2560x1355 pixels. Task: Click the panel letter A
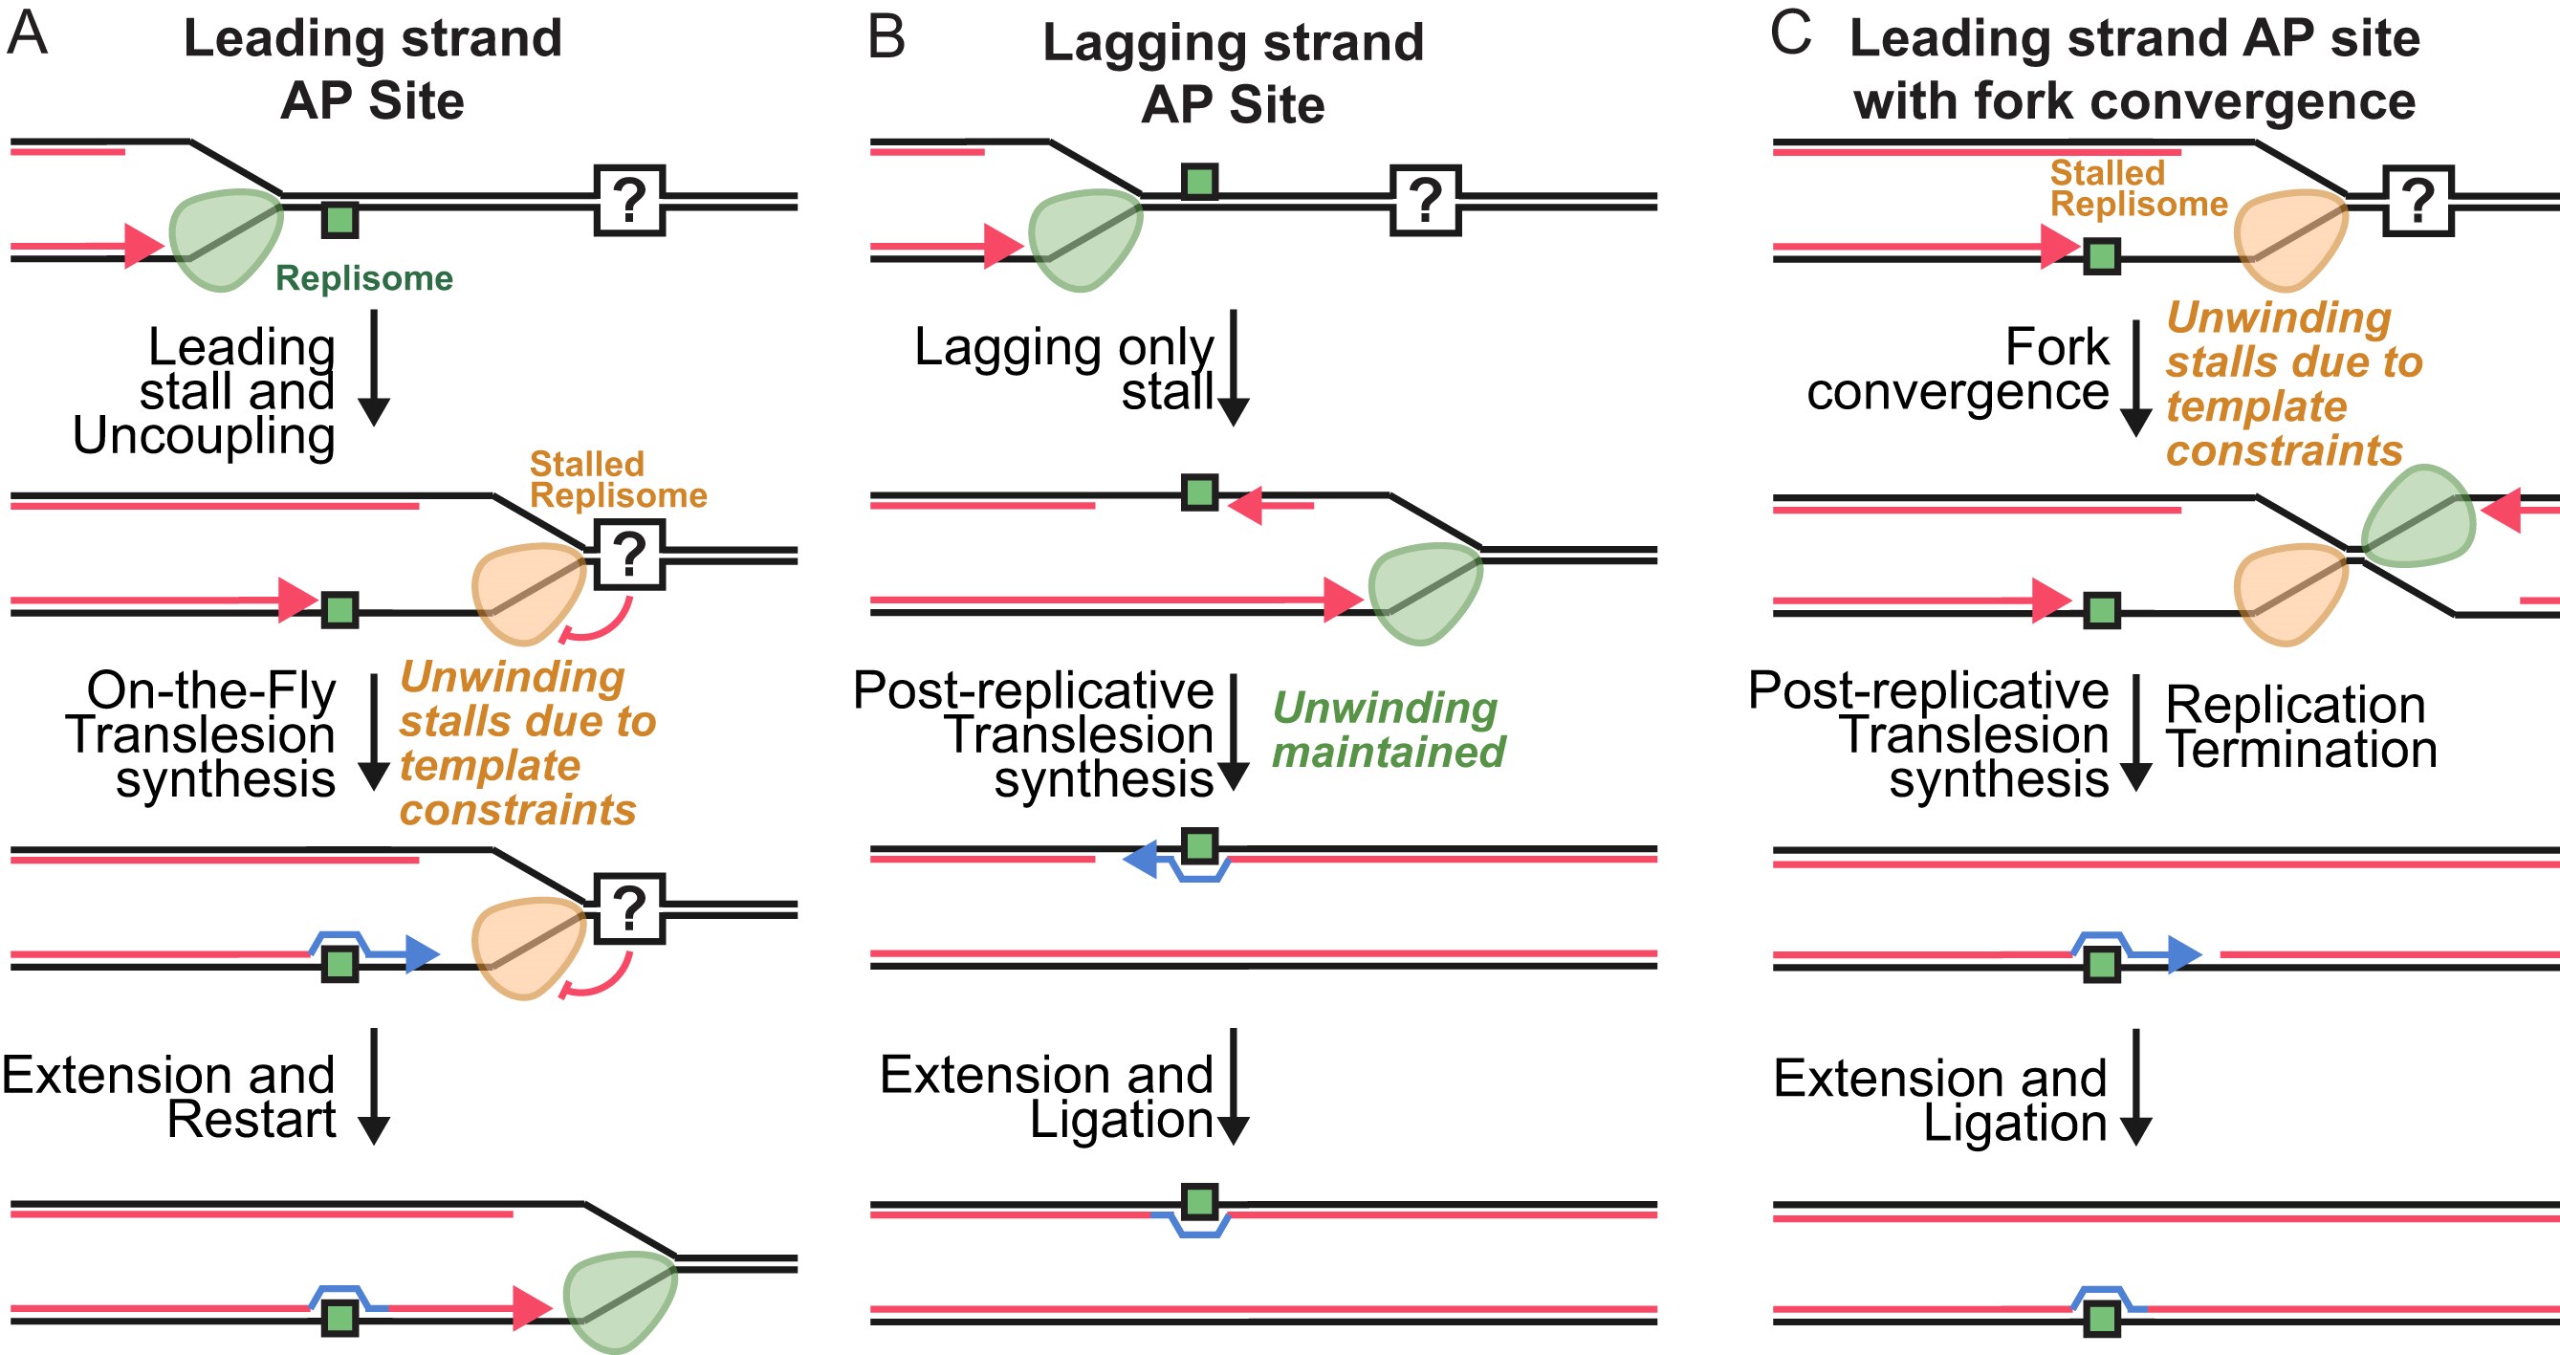[27, 33]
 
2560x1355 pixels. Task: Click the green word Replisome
[363, 278]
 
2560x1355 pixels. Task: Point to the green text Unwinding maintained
[1389, 731]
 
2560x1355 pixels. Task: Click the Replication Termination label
[2300, 727]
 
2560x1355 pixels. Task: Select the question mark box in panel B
[1425, 201]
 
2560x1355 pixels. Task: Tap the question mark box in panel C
[2418, 201]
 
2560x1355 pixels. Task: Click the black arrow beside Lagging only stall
[1234, 367]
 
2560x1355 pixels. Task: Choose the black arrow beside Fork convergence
[2135, 379]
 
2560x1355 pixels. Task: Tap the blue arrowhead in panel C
[2184, 954]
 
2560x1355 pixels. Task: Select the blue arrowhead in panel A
[423, 954]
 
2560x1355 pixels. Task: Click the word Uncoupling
[204, 436]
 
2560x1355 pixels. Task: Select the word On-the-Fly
[210, 690]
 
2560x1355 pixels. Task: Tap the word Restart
[252, 1120]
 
